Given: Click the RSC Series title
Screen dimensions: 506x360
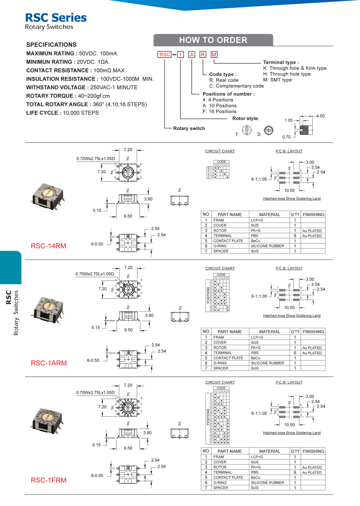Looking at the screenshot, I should point(56,17).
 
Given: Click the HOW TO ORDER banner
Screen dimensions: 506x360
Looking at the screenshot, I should point(213,40).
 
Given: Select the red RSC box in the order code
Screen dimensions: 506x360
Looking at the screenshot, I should point(164,55).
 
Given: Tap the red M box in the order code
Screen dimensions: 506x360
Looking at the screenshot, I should point(214,55).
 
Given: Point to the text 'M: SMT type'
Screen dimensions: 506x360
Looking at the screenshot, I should point(277,80).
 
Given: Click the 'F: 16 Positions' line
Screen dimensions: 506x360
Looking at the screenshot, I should point(216,111).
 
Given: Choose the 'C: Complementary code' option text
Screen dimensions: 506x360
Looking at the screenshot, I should point(236,86).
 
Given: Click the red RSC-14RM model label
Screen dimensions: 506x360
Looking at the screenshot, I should point(49,246).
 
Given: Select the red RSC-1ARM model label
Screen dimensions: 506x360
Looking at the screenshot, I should point(49,363).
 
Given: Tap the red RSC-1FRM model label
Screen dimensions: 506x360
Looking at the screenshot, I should point(49,480).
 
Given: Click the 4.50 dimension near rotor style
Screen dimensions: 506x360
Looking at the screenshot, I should point(320,116).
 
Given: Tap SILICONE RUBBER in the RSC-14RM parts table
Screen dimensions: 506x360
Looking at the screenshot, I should point(268,246).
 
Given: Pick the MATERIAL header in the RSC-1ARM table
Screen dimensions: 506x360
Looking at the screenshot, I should point(270,332).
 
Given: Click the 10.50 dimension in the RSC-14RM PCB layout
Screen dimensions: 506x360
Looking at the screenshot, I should point(290,190).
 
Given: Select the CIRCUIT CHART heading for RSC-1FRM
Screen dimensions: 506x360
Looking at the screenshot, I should point(220,382).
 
